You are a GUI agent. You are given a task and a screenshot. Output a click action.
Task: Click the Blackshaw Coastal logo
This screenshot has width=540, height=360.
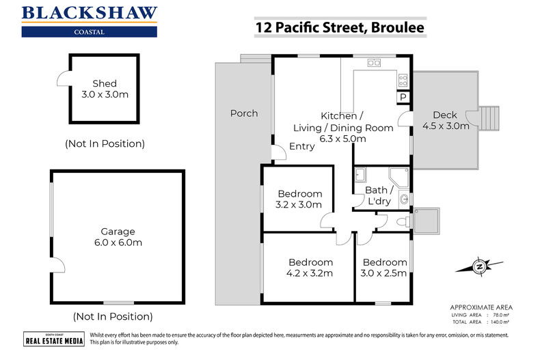coord(90,20)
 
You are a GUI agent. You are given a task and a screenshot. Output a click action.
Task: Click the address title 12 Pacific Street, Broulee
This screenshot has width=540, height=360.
coord(339,27)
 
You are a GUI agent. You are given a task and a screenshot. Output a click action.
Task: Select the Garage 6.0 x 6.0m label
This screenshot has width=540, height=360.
coord(118,237)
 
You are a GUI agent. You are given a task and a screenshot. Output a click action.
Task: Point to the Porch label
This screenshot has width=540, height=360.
coord(244,113)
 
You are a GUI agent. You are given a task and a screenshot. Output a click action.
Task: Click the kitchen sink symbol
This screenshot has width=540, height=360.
coord(374,64)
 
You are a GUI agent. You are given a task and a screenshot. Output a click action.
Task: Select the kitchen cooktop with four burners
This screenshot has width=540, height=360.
coord(403,80)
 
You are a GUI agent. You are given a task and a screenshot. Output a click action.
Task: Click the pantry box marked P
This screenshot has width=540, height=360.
coord(403,98)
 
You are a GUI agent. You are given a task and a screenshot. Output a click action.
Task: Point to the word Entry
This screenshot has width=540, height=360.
coord(302,146)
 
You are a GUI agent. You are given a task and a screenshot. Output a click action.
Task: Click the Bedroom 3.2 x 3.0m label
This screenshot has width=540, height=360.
coord(299,199)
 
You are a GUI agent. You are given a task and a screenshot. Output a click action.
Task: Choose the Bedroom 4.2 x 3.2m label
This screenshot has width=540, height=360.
coord(310,268)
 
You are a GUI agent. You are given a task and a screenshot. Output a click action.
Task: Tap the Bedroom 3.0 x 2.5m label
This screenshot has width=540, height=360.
coord(384,268)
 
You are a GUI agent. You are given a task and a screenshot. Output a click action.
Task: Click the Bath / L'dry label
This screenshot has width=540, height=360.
coord(378,195)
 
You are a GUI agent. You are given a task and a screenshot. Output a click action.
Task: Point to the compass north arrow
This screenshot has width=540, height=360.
coord(481,266)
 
